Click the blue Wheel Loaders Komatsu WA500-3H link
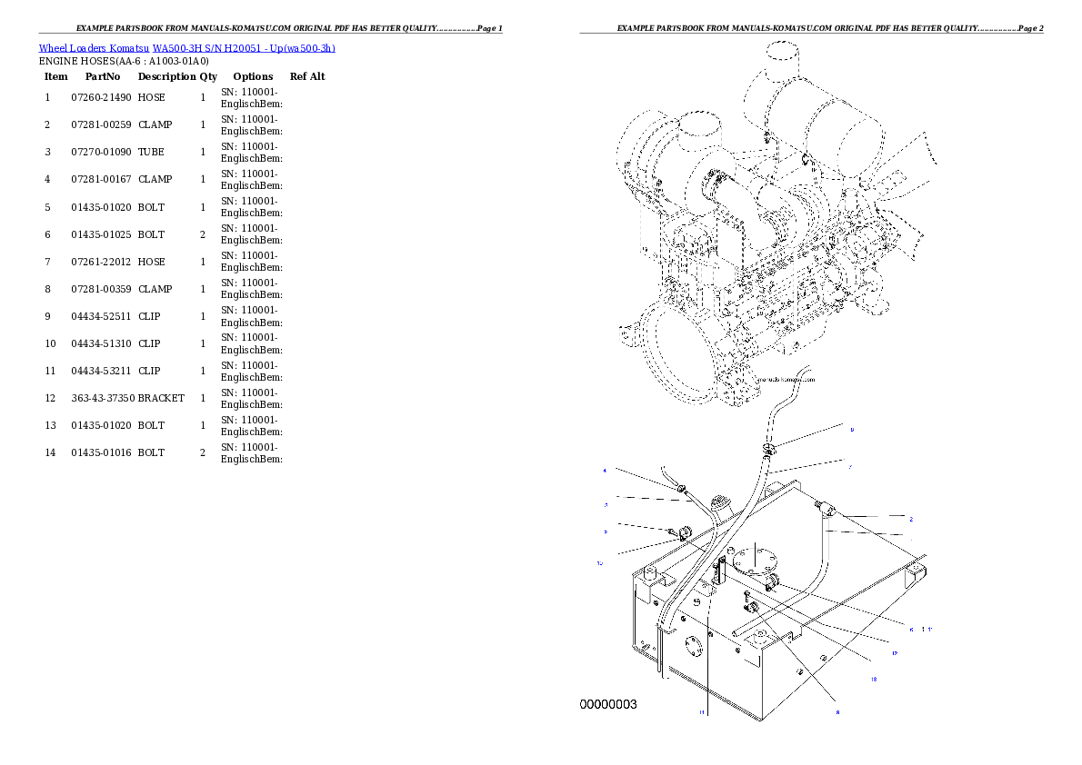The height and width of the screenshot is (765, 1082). click(x=186, y=48)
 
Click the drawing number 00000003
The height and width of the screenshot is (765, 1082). click(x=608, y=704)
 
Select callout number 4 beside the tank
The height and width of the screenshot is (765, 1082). click(x=605, y=471)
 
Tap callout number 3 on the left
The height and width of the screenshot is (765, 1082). click(x=606, y=503)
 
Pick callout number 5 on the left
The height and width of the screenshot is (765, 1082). click(x=606, y=532)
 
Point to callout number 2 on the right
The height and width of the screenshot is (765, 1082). click(x=910, y=519)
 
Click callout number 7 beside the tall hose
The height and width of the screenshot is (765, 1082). click(x=850, y=467)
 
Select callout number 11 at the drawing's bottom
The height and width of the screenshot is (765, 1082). click(x=701, y=712)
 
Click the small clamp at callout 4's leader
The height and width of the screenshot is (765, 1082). click(x=681, y=492)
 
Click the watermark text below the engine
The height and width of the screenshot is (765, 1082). click(x=786, y=381)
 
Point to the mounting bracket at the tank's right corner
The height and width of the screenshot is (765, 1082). click(x=916, y=573)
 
